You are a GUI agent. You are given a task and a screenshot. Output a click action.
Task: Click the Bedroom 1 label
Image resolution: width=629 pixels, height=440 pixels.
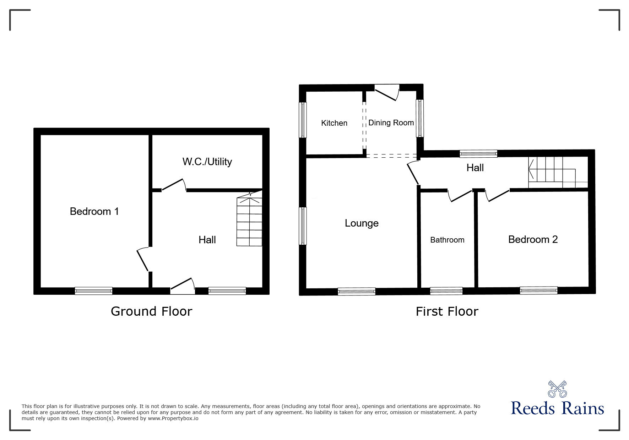coord(94,211)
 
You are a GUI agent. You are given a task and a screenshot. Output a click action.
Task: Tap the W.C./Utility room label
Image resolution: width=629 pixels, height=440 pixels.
coord(207,162)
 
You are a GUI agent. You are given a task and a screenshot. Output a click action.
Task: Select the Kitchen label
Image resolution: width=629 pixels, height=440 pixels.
coord(334,123)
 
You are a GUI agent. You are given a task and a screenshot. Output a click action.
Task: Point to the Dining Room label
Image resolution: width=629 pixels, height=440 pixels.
coord(391,123)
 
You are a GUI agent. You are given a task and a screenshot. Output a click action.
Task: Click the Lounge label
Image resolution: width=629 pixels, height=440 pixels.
coord(362,223)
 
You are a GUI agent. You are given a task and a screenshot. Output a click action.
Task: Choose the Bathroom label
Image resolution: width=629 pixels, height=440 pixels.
coord(447,240)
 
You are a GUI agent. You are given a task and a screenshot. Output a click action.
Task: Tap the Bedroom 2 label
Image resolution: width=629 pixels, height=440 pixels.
coord(533,239)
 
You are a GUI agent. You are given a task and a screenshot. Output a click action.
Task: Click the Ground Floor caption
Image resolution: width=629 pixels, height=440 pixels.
coord(151,311)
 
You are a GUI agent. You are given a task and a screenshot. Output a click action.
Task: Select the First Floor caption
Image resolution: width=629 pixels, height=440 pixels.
coord(447,311)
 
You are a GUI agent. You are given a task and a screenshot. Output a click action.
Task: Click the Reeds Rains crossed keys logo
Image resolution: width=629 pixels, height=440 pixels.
coord(557,389)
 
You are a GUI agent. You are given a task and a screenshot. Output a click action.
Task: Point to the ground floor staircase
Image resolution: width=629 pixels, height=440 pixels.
coord(249,219)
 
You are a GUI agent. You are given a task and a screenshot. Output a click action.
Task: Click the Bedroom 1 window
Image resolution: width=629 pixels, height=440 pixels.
coord(93,291)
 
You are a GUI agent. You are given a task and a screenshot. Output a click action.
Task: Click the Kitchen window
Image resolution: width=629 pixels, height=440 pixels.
coord(303,120)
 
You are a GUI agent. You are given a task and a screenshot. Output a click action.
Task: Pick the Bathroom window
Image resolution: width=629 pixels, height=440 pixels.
coord(446,291)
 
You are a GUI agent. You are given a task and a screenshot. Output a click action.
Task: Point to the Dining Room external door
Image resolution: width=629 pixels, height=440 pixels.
coord(387,92)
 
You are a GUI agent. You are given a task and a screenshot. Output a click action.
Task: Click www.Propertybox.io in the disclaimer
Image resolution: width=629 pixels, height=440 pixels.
coord(173,418)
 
